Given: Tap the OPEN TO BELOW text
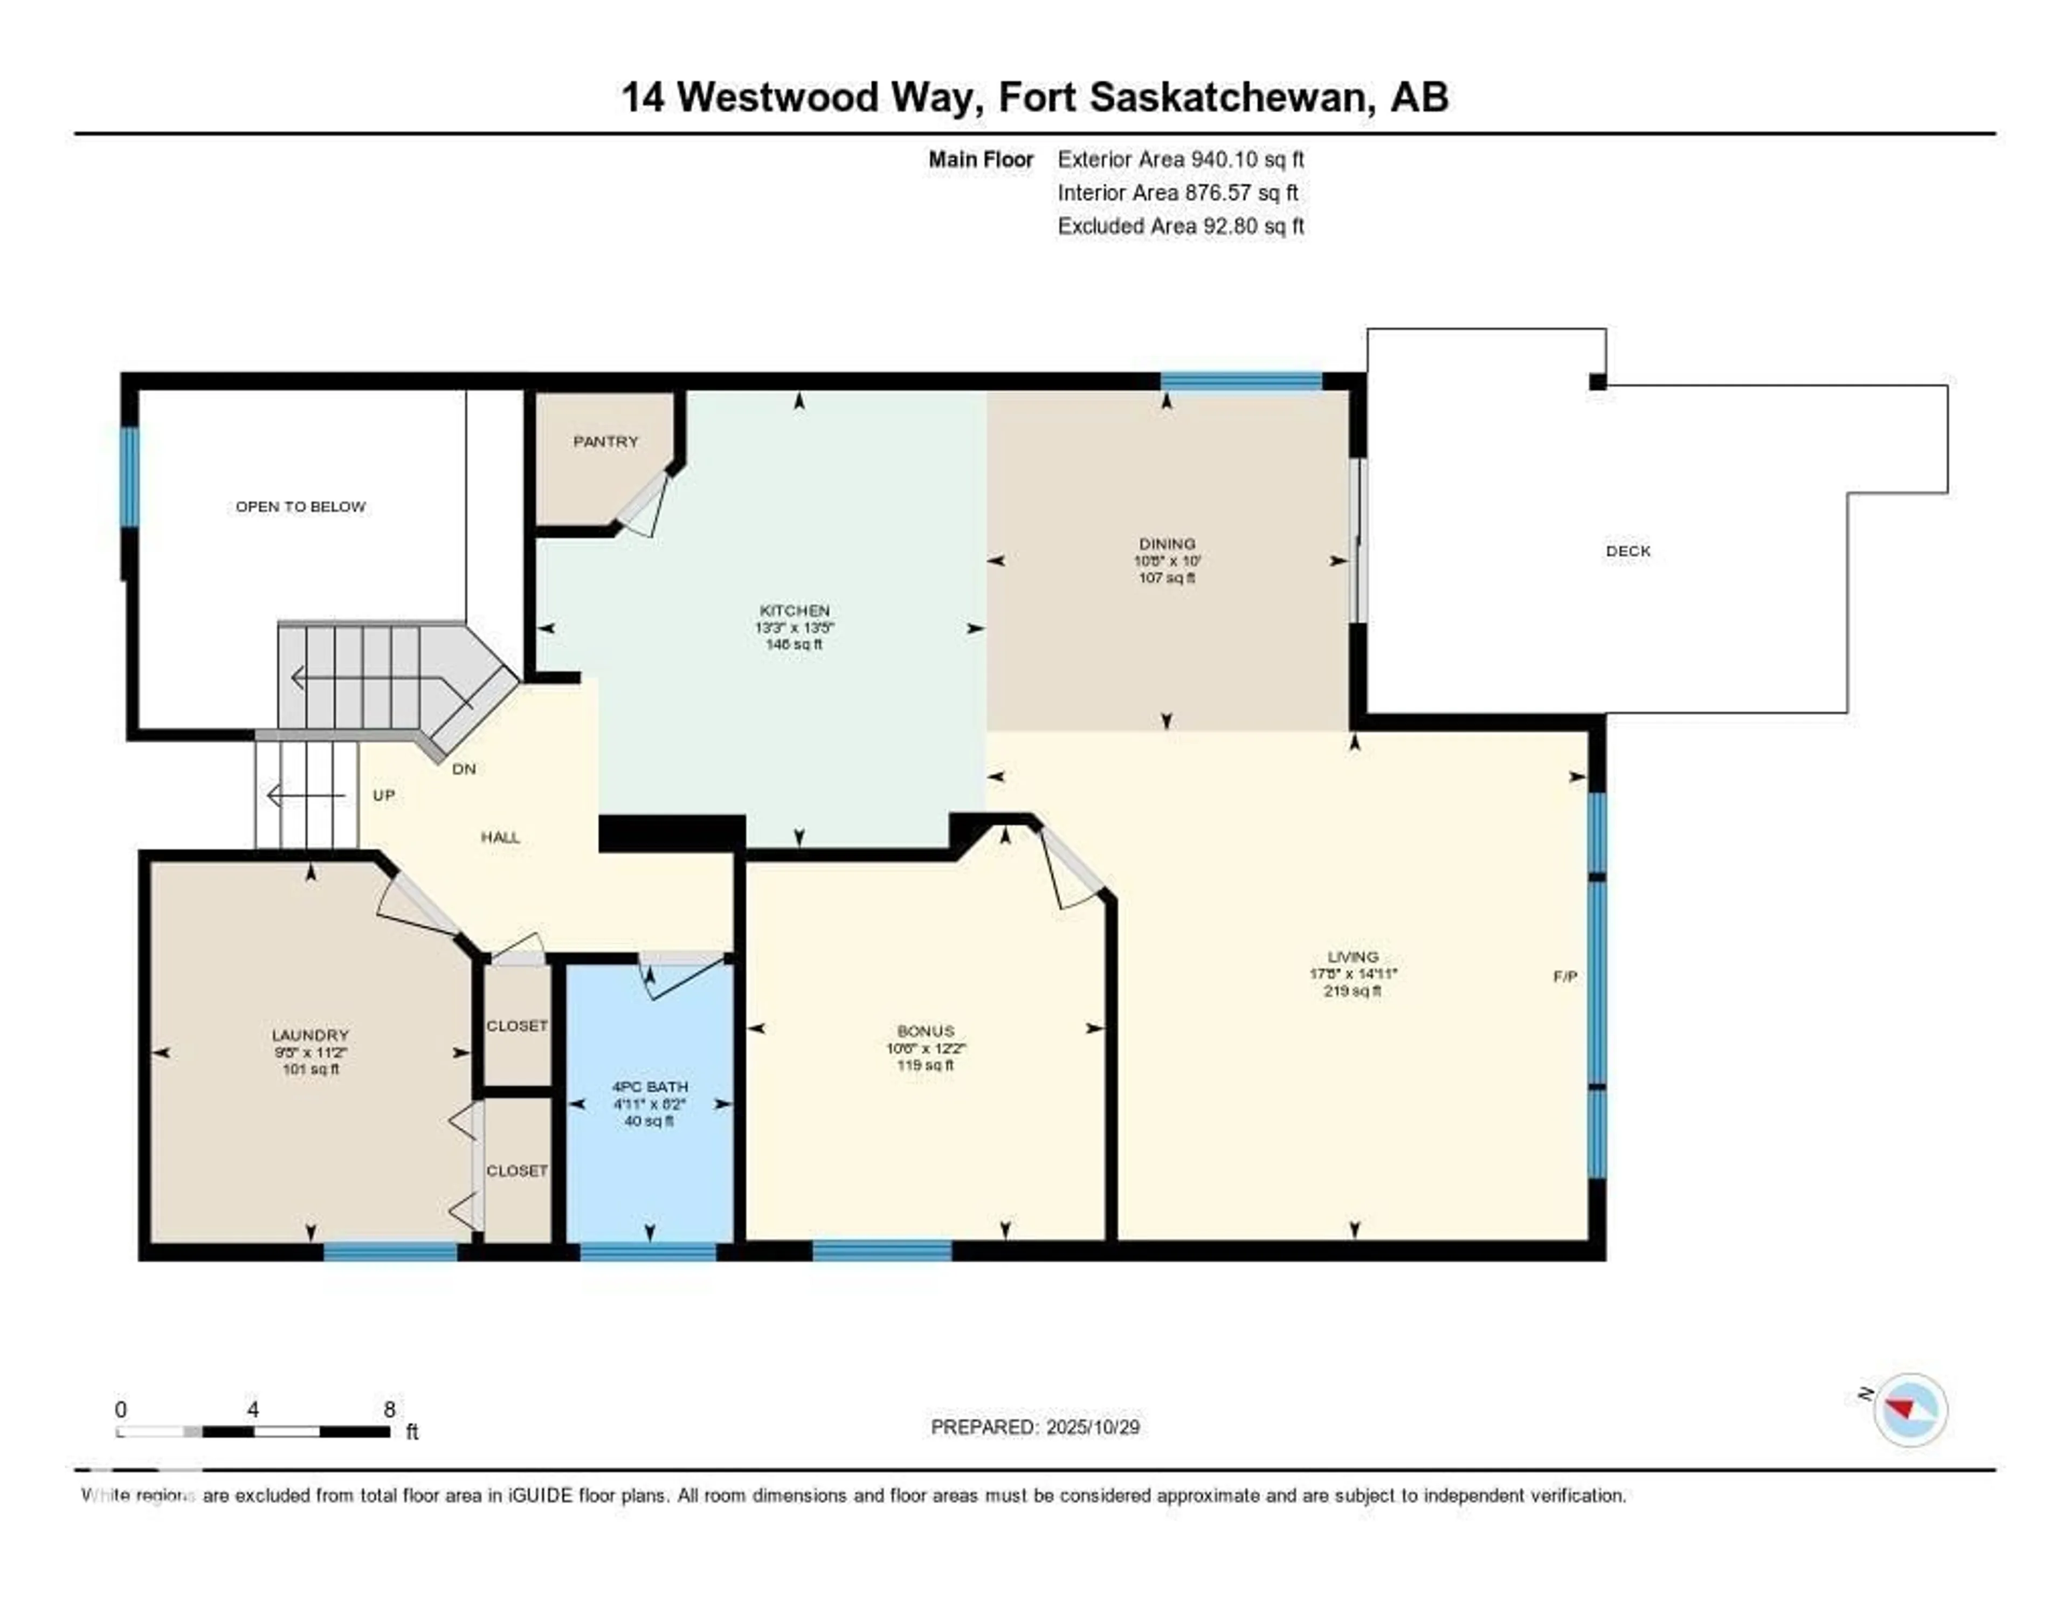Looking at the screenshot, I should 300,507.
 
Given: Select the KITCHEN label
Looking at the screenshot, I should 794,610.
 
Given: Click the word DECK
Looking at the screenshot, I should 1627,550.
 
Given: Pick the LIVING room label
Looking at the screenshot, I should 1353,956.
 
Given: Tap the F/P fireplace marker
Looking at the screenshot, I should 1565,976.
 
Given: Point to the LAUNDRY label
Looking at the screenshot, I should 310,1035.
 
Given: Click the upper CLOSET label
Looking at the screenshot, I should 516,1025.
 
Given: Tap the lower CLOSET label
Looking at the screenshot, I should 516,1170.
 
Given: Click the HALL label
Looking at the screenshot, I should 500,837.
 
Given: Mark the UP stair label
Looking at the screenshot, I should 383,795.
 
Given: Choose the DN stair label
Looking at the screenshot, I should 464,769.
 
